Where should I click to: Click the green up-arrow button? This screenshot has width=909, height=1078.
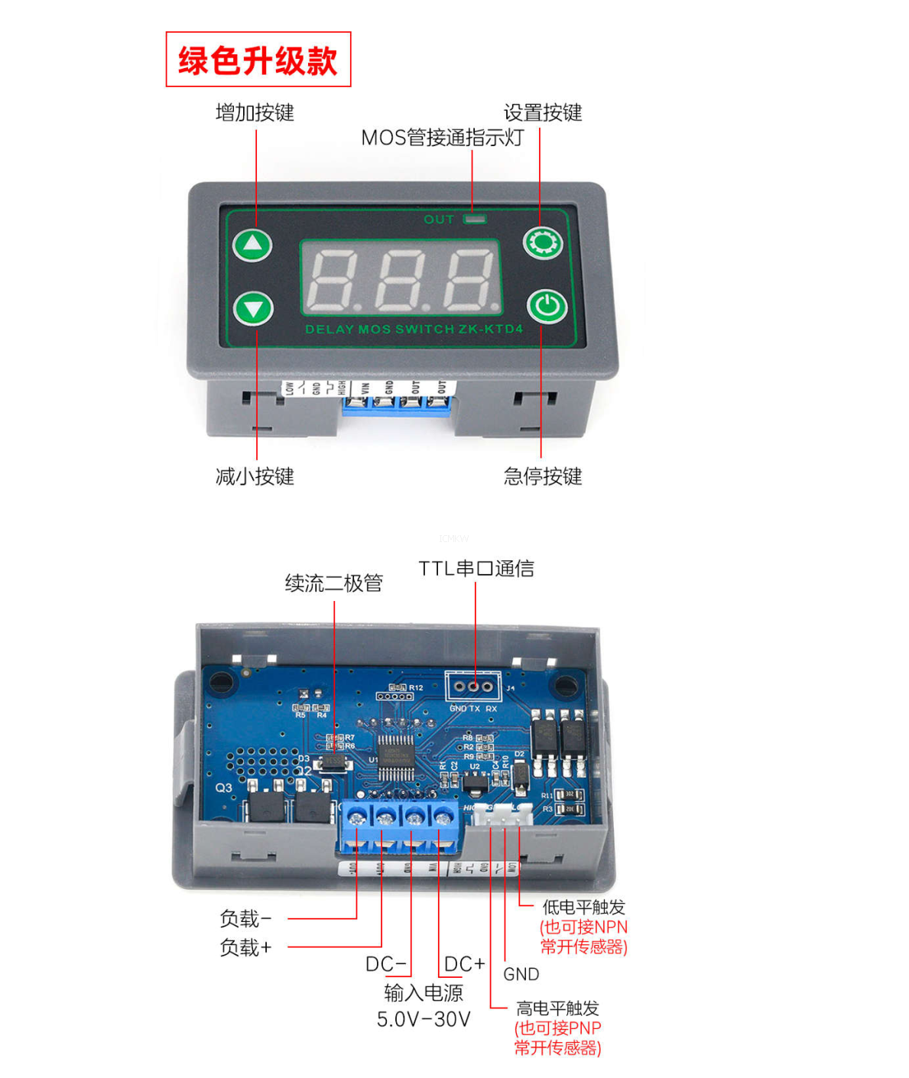253,245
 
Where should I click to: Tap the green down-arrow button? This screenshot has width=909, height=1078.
253,309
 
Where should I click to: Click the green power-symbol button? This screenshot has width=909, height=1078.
546,307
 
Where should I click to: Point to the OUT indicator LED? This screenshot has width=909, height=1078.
476,219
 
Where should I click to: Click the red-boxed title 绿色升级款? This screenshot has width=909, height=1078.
258,60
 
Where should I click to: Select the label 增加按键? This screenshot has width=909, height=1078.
255,113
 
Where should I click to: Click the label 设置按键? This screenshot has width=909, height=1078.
543,113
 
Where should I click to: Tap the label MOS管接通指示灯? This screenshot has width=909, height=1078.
442,138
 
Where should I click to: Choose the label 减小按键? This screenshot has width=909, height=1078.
255,477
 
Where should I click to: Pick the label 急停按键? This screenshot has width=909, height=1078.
543,477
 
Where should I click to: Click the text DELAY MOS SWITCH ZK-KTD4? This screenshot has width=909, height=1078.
414,330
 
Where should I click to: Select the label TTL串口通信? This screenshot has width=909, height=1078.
476,569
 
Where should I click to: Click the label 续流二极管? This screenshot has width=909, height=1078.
333,583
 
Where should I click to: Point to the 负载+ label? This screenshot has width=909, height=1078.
245,948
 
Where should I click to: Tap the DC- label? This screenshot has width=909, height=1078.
386,965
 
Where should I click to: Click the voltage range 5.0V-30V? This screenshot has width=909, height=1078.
424,1019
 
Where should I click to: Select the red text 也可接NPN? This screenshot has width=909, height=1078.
584,927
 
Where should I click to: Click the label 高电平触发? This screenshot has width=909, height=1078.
557,1008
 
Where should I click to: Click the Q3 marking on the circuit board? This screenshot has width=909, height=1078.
223,788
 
